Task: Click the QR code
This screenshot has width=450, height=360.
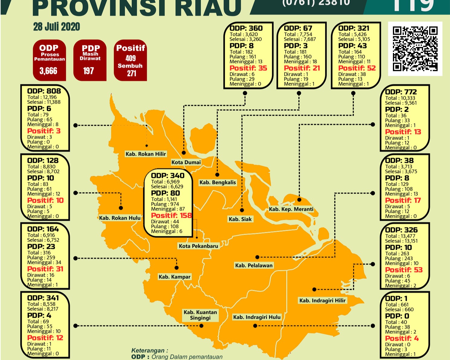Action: pos(415,49)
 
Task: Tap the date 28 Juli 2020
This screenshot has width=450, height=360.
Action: pos(56,27)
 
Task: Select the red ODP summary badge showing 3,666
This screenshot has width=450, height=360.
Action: pos(49,60)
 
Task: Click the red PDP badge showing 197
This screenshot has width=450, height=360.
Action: pos(90,60)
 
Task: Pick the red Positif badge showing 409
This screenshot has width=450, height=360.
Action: pos(130,60)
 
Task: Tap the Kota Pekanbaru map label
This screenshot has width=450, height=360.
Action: pos(198,246)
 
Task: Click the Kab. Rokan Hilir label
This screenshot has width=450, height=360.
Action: pos(146,154)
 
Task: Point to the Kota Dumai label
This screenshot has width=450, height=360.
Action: pos(186,162)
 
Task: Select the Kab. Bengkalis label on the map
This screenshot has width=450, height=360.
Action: pos(217,182)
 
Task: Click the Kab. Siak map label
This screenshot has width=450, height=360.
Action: pos(240,219)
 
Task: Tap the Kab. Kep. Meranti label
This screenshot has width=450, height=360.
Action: pos(291,209)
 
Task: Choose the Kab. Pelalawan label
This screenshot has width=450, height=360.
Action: pos(254,265)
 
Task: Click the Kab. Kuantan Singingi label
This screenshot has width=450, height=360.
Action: pos(200,315)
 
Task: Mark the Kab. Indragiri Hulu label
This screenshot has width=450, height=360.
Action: pos(257,317)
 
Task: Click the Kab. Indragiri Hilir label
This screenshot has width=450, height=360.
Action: pos(322,301)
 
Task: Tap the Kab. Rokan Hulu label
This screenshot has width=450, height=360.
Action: pos(120,218)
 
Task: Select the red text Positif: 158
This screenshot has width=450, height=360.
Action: pos(171,215)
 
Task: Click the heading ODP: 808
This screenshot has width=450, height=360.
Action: pos(44,91)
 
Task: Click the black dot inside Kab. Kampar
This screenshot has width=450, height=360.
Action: pos(177,268)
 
